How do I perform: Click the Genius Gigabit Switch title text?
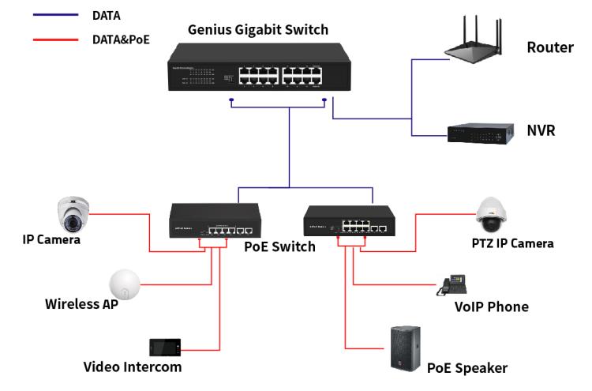pyautogui.click(x=258, y=31)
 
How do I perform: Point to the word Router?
pyautogui.click(x=550, y=48)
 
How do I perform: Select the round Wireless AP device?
pyautogui.click(x=124, y=283)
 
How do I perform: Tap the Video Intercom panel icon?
pyautogui.click(x=165, y=347)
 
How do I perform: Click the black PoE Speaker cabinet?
pyautogui.click(x=405, y=348)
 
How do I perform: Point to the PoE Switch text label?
pyautogui.click(x=280, y=246)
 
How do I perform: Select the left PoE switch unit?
pyautogui.click(x=215, y=220)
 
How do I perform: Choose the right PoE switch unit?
pyautogui.click(x=349, y=219)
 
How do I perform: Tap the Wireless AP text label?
pyautogui.click(x=81, y=304)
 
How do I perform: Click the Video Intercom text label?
pyautogui.click(x=132, y=367)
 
